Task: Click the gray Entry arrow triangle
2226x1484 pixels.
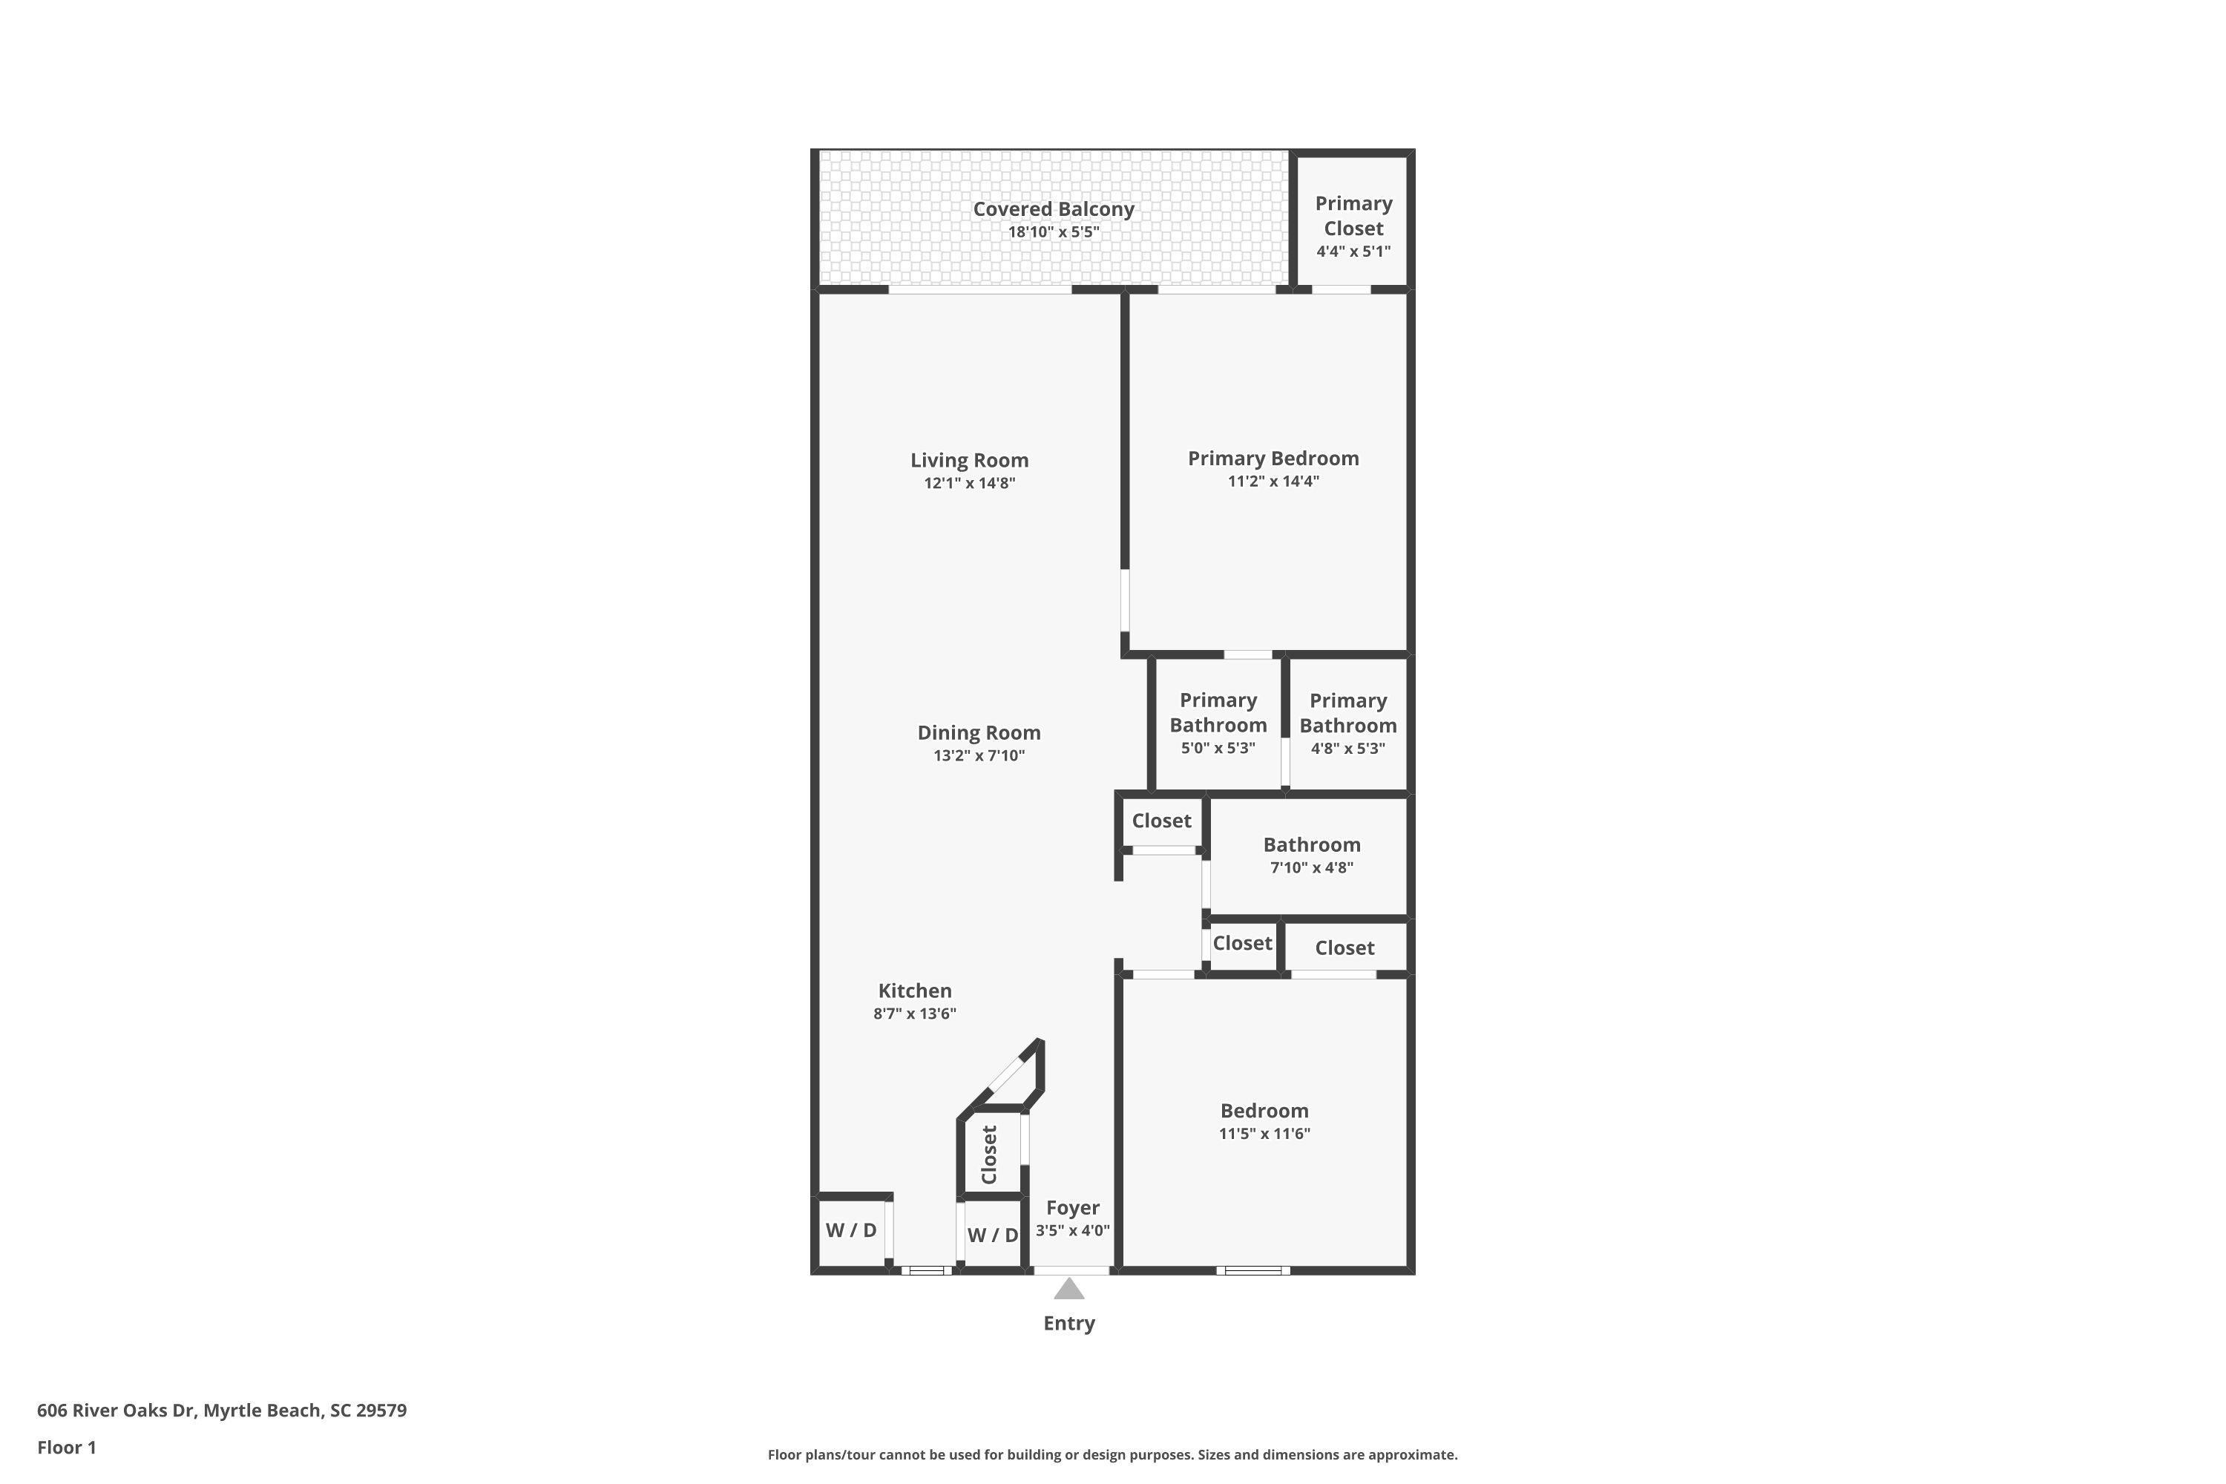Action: tap(1068, 1289)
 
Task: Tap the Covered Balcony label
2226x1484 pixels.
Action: tap(1054, 209)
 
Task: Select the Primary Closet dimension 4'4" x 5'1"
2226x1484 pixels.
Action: tap(1353, 252)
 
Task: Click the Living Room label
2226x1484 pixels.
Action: tap(969, 460)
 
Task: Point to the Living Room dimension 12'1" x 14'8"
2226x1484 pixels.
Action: tap(969, 484)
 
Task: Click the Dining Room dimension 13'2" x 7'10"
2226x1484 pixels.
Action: tap(979, 756)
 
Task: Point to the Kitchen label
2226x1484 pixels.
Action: tap(914, 991)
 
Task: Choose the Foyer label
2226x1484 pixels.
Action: tap(1072, 1208)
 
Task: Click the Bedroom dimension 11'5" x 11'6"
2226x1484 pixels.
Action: tap(1264, 1134)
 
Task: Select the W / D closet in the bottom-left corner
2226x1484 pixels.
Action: tap(852, 1230)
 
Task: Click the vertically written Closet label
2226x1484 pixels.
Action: tap(990, 1155)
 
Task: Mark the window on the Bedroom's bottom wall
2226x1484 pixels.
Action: tap(1253, 1271)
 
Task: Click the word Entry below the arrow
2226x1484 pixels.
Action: tap(1068, 1323)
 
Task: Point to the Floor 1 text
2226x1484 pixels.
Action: tap(68, 1447)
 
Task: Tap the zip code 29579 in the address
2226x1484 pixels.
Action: tap(381, 1411)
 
